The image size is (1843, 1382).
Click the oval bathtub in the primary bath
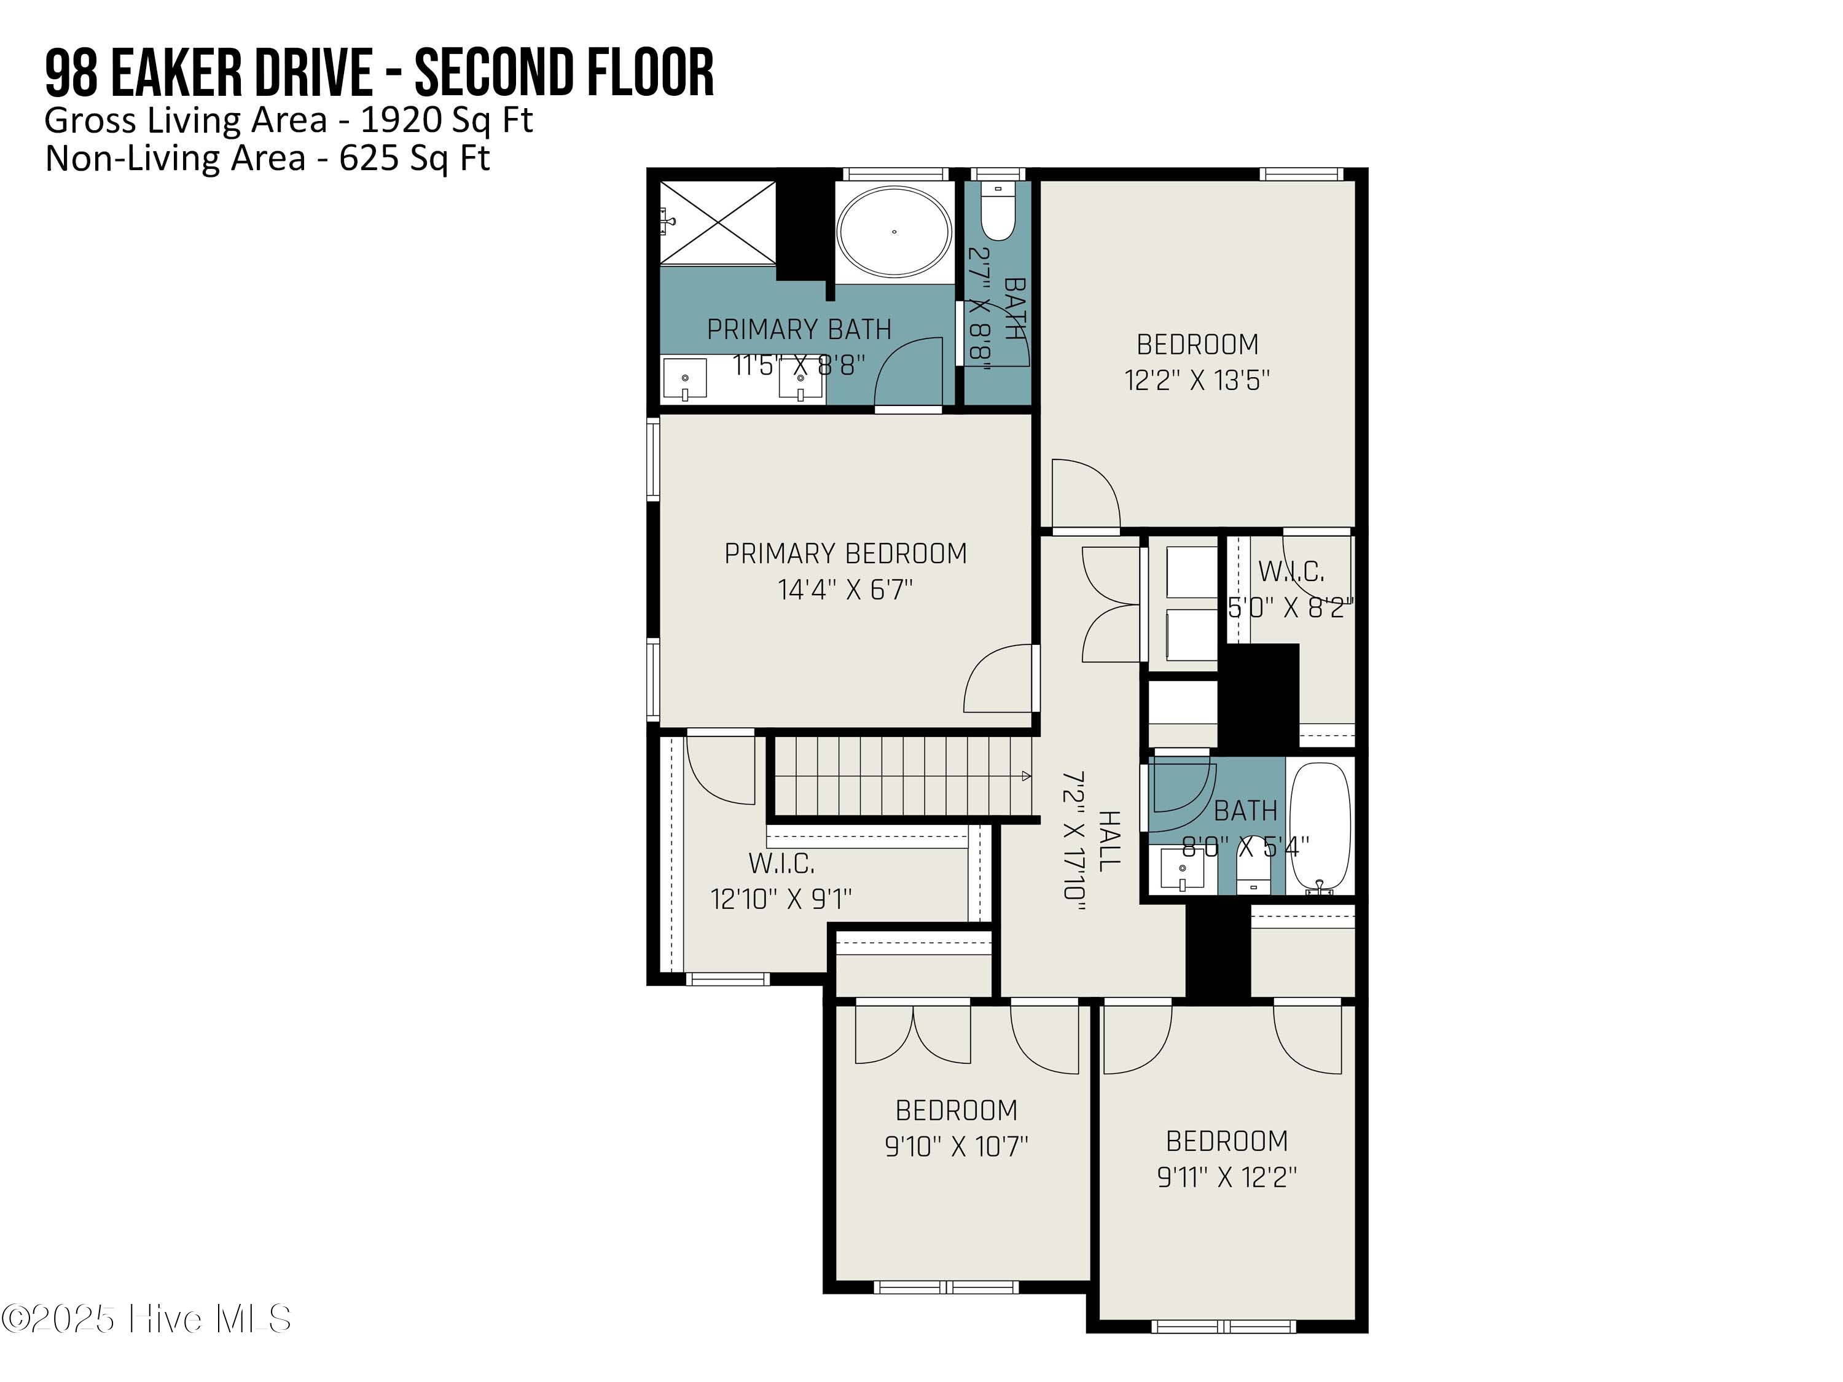tap(894, 231)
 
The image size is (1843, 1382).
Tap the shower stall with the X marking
tap(718, 222)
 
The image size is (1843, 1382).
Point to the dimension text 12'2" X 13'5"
tap(1197, 381)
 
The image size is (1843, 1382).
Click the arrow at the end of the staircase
tap(1026, 776)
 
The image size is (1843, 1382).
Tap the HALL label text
tap(1109, 841)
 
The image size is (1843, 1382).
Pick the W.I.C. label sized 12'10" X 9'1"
tap(781, 863)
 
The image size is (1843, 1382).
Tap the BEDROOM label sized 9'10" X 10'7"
tap(956, 1111)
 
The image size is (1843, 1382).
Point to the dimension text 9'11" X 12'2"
tap(1226, 1177)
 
